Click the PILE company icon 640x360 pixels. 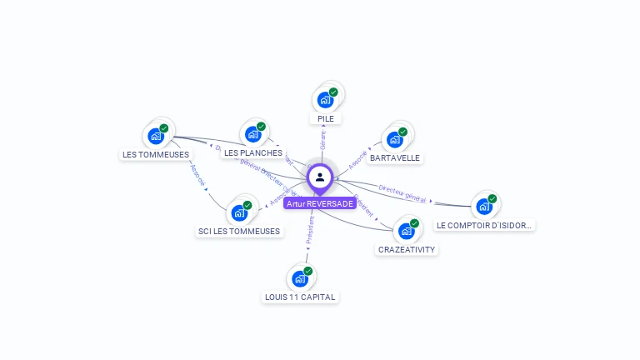[325, 100]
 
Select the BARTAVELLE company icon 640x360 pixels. [394, 139]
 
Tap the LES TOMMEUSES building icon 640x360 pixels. [155, 136]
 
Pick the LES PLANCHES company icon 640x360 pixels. [252, 134]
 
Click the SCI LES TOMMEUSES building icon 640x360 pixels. [239, 212]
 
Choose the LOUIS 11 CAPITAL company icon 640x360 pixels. [300, 278]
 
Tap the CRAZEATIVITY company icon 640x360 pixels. [406, 231]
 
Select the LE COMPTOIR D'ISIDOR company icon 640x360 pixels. [484, 207]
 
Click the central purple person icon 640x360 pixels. [320, 177]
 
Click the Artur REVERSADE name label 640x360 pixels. [320, 203]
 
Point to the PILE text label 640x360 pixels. [326, 119]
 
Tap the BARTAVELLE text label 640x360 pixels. [395, 157]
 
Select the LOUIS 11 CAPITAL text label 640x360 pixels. [300, 297]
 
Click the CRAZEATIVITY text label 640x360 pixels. [407, 249]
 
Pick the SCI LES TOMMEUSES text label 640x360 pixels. [239, 231]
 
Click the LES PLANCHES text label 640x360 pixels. [253, 152]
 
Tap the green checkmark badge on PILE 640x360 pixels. [333, 92]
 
